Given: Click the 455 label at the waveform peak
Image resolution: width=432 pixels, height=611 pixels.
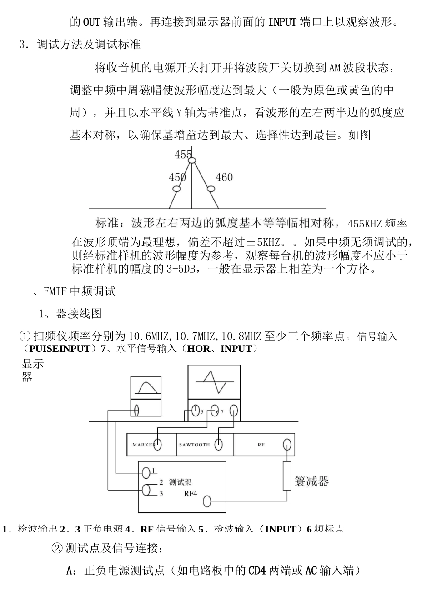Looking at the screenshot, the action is pyautogui.click(x=183, y=155).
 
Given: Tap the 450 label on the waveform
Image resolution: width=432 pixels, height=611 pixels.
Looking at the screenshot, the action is pyautogui.click(x=177, y=177).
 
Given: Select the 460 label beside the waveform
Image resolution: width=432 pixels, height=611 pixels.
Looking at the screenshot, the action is pyautogui.click(x=224, y=177).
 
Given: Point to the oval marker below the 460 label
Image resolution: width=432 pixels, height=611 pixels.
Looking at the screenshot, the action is pyautogui.click(x=210, y=189).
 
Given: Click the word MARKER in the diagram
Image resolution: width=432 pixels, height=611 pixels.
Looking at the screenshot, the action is pyautogui.click(x=143, y=445).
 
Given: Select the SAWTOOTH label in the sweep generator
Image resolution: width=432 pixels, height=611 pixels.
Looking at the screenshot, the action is pyautogui.click(x=194, y=445).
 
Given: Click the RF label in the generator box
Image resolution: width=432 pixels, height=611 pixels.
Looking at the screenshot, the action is pyautogui.click(x=261, y=445).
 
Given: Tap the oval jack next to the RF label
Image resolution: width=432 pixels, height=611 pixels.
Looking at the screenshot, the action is pyautogui.click(x=287, y=444).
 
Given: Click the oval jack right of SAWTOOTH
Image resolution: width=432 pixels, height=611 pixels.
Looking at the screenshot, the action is pyautogui.click(x=218, y=444).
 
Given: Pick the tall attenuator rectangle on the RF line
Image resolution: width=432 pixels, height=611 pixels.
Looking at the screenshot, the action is pyautogui.click(x=286, y=476).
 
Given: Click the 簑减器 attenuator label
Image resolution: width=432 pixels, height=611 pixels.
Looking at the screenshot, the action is pyautogui.click(x=311, y=481).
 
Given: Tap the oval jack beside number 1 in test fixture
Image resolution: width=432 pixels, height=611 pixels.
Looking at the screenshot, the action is pyautogui.click(x=146, y=472).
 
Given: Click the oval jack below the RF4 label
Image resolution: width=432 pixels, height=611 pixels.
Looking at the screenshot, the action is pyautogui.click(x=207, y=501).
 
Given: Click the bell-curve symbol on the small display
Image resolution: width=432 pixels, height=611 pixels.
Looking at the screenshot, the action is pyautogui.click(x=145, y=387).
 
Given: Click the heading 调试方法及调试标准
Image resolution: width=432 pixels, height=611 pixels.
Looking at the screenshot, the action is pyautogui.click(x=89, y=44).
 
